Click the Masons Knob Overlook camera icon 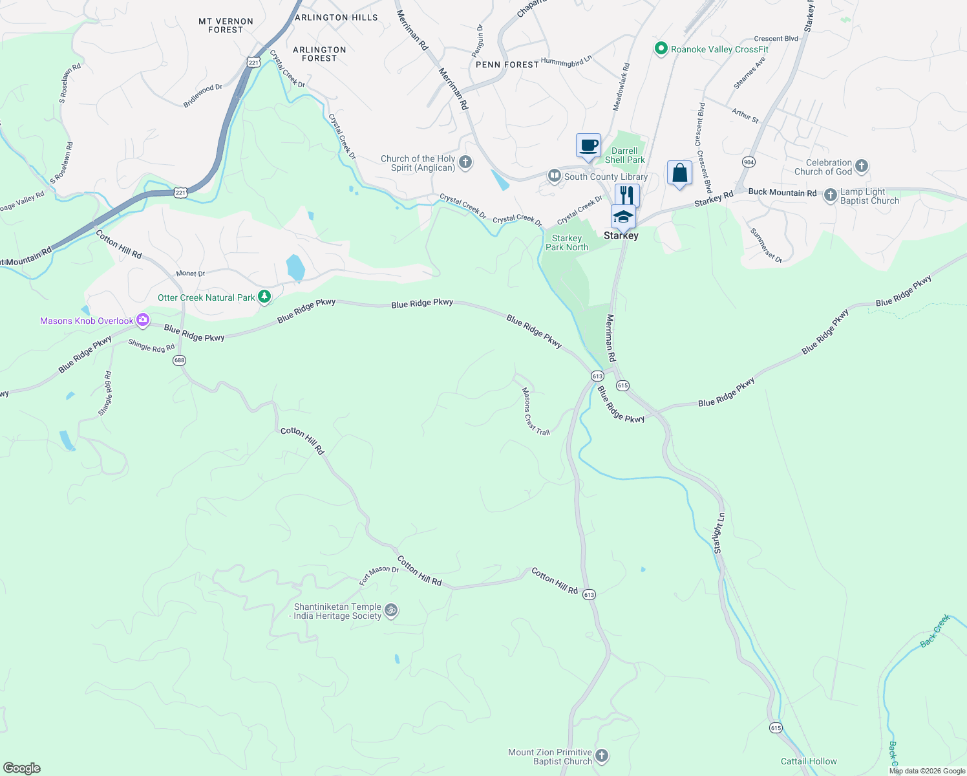point(143,320)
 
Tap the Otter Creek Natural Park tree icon point(264,297)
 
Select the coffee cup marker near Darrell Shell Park point(588,145)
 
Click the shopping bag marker point(679,173)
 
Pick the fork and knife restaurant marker point(627,195)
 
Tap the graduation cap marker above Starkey point(623,216)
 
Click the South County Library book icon point(554,176)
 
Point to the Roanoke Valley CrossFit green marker point(661,49)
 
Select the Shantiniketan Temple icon point(390,610)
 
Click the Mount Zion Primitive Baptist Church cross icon point(602,755)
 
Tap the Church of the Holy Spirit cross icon point(465,162)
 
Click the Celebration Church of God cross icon point(861,166)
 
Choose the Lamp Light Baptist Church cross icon point(831,195)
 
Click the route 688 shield point(180,360)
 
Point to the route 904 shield point(749,162)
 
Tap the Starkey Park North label point(567,242)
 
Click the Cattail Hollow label point(809,761)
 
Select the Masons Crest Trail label point(535,411)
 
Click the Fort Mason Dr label point(379,574)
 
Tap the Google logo point(22,768)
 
